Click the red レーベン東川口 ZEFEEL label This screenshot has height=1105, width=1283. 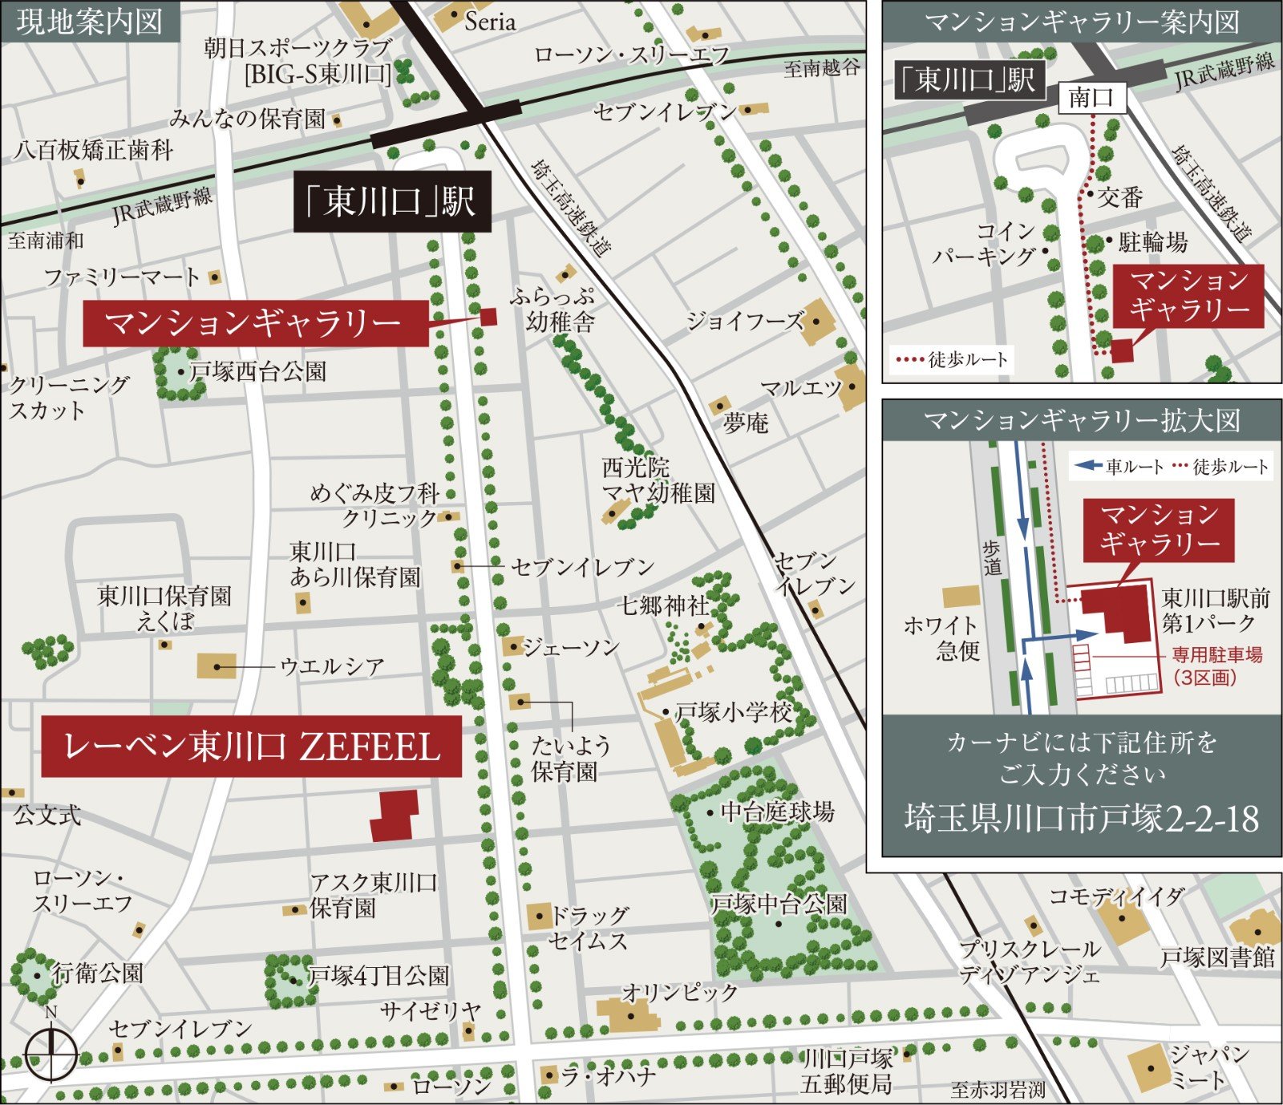pos(251,747)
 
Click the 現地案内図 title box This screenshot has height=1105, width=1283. pos(89,22)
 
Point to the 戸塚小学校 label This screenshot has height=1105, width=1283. pos(733,711)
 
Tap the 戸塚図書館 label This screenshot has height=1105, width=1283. pos(1217,957)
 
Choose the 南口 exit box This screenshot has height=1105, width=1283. pos(1091,98)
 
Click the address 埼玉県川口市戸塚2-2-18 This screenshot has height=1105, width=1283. pos(1082,819)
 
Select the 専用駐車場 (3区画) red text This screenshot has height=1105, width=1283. pos(1216,666)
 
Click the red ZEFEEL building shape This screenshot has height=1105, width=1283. pos(395,816)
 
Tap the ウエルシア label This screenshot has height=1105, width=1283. pos(332,666)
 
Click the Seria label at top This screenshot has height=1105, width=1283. pos(489,22)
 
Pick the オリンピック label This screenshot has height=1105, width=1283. pos(680,992)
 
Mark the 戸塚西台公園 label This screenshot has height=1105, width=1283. pos(257,371)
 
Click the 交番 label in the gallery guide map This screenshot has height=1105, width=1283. pos(1119,196)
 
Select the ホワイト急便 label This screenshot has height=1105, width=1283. pos(941,637)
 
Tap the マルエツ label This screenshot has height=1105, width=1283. pos(800,388)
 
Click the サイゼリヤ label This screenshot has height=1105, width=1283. pos(431,1010)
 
